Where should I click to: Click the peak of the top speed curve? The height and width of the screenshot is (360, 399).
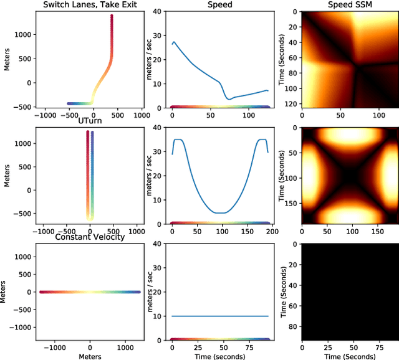click(174, 42)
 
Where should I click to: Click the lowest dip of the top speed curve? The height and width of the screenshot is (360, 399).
click(229, 99)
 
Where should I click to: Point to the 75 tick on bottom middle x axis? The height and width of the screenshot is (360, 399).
click(248, 346)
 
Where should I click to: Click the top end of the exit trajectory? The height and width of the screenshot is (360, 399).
click(112, 16)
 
